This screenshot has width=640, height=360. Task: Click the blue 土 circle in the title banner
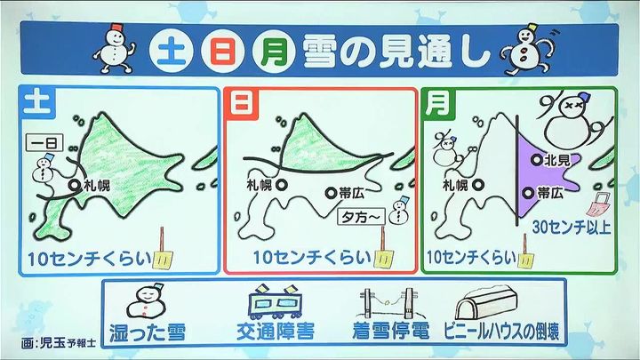(171, 52)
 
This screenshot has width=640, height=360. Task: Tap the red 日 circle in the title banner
(223, 52)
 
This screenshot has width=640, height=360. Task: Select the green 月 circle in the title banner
(274, 52)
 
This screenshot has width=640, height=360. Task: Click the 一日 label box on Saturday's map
(45, 143)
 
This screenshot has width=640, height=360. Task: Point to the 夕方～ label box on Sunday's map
(361, 217)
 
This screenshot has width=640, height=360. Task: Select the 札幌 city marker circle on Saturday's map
(75, 186)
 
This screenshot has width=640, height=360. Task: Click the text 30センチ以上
(572, 227)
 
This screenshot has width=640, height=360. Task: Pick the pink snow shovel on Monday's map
(598, 204)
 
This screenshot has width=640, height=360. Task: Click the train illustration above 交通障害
(276, 303)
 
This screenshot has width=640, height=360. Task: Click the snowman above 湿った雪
(146, 301)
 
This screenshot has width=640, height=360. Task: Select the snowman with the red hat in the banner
(115, 48)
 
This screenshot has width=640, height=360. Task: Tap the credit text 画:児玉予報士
(59, 342)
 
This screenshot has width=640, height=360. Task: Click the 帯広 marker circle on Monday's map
(529, 193)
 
